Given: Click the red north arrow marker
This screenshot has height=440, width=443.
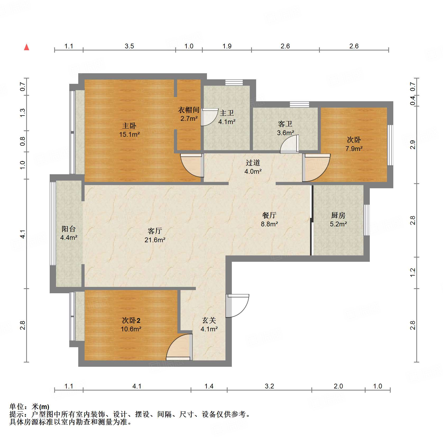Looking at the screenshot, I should click(26, 47).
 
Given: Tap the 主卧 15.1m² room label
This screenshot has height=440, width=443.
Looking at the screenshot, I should click(129, 130).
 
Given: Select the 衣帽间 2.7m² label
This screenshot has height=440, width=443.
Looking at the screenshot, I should click(189, 114).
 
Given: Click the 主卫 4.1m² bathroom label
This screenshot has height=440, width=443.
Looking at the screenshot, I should click(227, 117).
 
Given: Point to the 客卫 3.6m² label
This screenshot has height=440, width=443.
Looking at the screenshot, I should click(285, 128).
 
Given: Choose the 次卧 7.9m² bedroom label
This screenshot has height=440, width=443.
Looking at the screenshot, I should click(354, 144).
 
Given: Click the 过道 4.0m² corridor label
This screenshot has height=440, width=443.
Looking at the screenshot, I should click(253, 167).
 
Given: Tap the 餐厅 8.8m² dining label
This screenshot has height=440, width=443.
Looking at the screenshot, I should click(269, 219).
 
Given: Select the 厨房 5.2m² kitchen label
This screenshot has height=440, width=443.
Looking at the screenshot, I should click(338, 219).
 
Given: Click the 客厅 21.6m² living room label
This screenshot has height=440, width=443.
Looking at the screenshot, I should click(155, 235).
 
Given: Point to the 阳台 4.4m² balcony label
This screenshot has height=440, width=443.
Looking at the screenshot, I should click(69, 233).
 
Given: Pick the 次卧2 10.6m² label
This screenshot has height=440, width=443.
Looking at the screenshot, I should click(131, 324).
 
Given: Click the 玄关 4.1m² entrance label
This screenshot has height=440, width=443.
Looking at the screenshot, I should click(209, 324).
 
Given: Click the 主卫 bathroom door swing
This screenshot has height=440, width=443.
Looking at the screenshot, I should click(208, 117).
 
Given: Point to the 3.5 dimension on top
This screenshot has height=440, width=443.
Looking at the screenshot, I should click(129, 46).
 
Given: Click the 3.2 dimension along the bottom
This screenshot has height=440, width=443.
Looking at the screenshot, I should click(269, 386).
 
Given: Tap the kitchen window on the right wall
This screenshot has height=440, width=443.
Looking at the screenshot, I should click(367, 220).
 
